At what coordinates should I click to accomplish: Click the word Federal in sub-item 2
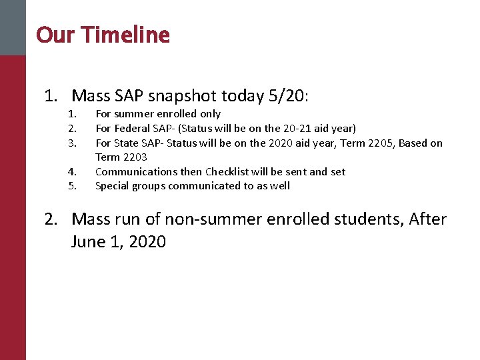[131, 128]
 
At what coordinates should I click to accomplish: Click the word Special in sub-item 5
[113, 186]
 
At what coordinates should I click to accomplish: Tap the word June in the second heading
[89, 241]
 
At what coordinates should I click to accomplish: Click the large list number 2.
[50, 219]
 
